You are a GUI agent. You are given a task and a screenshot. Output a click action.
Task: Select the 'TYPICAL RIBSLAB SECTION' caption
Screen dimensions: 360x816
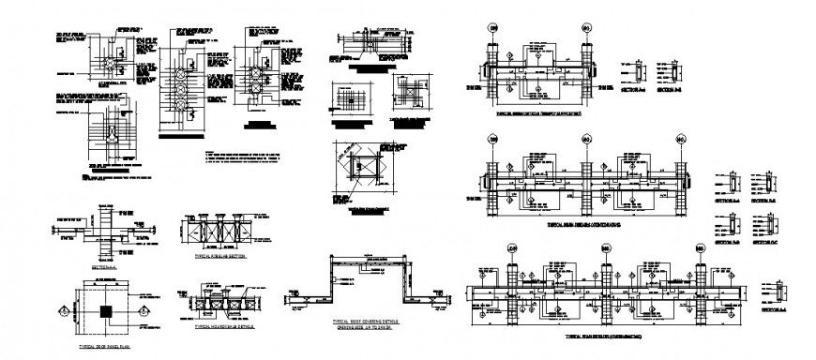coord(219,254)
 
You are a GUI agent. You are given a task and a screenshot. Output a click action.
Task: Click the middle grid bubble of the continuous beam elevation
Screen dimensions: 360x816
coord(585,141)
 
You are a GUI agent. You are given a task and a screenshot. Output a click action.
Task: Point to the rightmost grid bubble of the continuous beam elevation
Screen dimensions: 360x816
coord(681,141)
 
